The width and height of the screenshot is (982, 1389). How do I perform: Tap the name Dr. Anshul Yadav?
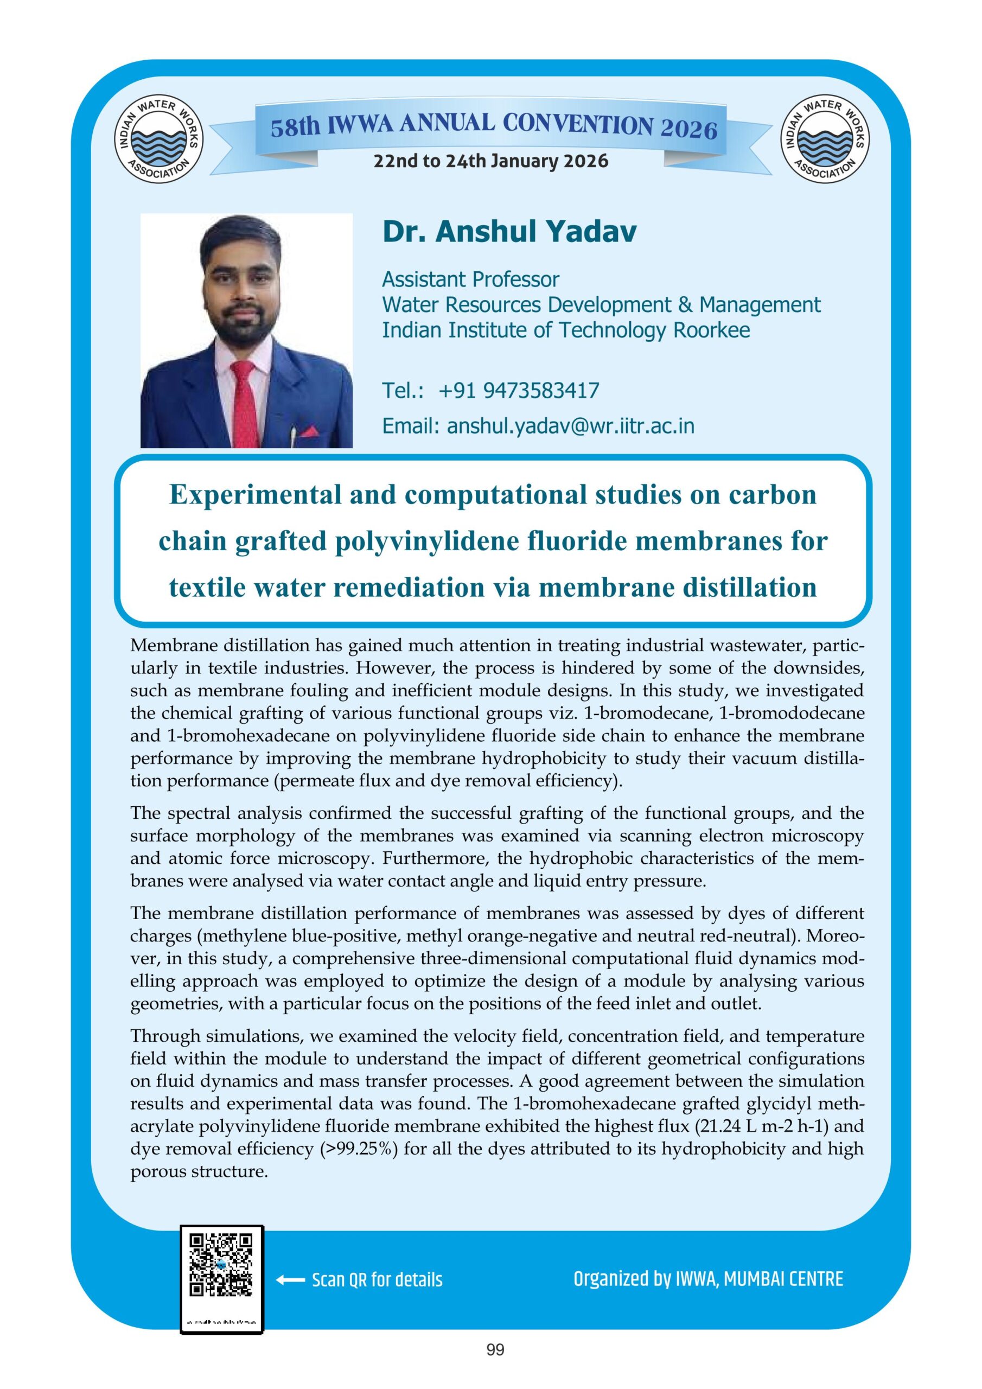(x=509, y=232)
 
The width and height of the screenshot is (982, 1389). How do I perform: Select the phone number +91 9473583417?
(x=519, y=391)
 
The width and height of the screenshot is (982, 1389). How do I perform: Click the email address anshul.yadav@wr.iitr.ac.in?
(x=570, y=426)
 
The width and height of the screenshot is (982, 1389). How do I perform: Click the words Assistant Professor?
(x=470, y=279)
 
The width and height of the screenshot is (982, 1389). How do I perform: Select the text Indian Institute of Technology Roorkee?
(x=566, y=330)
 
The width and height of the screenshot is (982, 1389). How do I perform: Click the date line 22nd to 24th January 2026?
(x=490, y=162)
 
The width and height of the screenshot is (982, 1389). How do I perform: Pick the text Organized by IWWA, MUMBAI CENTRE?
(x=708, y=1279)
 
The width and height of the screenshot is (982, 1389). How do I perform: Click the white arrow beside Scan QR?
(x=290, y=1280)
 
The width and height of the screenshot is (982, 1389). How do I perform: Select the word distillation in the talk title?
(x=742, y=588)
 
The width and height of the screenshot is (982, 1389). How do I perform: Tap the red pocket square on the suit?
(x=309, y=432)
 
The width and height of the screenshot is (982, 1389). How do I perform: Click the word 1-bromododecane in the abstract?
(x=782, y=713)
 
